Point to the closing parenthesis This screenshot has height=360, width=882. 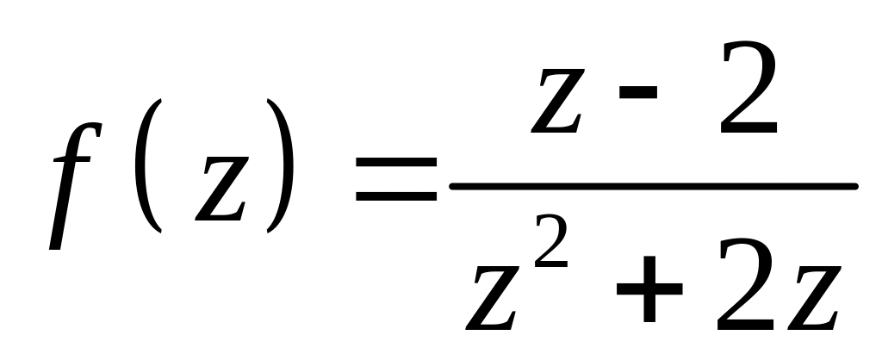point(282,166)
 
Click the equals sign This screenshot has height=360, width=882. point(396,185)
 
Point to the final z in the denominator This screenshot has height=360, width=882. point(810,301)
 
